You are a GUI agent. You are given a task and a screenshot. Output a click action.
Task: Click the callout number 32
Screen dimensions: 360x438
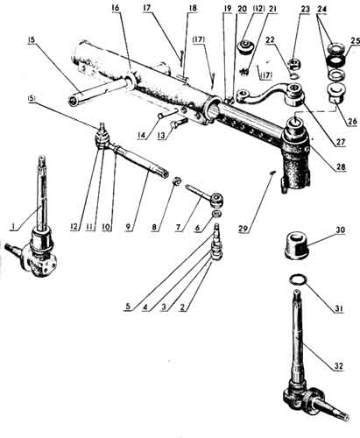(x=339, y=365)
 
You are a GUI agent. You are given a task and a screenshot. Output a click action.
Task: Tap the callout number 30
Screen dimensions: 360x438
(x=340, y=230)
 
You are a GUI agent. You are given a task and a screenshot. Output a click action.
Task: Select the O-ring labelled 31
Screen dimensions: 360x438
(x=298, y=279)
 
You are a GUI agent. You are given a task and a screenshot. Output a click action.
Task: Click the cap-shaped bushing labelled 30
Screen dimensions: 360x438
(x=297, y=246)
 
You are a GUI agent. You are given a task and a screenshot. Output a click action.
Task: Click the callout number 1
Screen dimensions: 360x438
(x=12, y=227)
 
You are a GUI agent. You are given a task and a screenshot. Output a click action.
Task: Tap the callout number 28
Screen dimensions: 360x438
(x=341, y=166)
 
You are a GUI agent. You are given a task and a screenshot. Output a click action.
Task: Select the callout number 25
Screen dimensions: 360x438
(x=356, y=41)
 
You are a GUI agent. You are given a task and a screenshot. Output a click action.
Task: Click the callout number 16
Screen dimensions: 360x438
(x=116, y=8)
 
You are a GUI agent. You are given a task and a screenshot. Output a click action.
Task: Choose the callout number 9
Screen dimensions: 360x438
(x=129, y=227)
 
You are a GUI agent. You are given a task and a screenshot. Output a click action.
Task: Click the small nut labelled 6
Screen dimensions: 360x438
(x=216, y=214)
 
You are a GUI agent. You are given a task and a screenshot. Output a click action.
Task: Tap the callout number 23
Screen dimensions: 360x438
(x=305, y=9)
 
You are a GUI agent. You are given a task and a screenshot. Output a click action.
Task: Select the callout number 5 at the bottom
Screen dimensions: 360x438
(x=129, y=307)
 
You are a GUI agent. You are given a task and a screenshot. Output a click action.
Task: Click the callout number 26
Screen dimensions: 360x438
(x=353, y=121)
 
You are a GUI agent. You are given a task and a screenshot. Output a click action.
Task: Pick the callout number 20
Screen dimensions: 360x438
(x=242, y=9)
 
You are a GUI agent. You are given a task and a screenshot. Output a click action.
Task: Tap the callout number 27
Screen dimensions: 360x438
(x=340, y=143)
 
